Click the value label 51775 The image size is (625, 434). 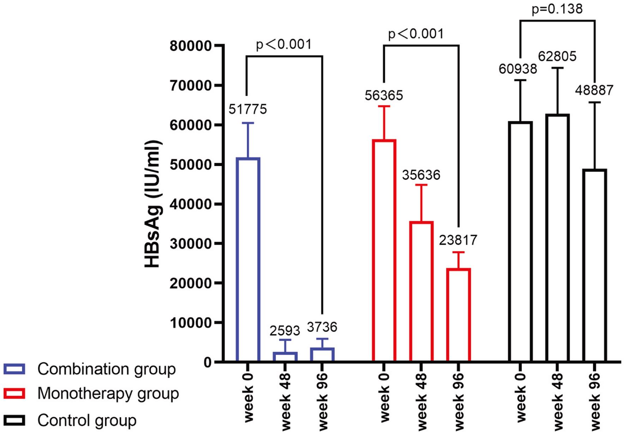[x=248, y=109]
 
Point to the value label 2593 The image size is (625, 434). [x=285, y=331]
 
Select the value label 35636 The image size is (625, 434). [x=421, y=175]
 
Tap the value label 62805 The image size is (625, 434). [x=557, y=56]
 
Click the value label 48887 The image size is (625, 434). [x=594, y=90]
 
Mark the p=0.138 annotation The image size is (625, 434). [x=557, y=9]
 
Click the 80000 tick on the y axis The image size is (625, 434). [x=190, y=46]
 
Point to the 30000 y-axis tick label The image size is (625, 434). [x=190, y=244]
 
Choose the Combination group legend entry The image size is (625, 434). [x=106, y=369]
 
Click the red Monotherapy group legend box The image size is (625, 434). [x=14, y=393]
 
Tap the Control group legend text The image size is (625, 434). [x=87, y=421]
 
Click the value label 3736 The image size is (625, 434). [x=322, y=327]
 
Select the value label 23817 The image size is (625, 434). [x=458, y=240]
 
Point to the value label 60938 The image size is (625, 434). [x=517, y=69]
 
